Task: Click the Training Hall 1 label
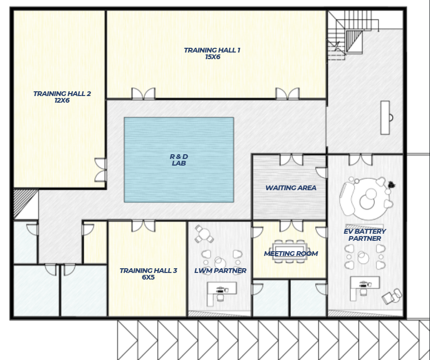coord(212,53)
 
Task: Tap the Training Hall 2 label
coord(62,97)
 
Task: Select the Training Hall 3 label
coord(149,273)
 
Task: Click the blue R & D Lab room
coord(179,160)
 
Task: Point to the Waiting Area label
coord(291,188)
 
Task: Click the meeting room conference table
coord(290,251)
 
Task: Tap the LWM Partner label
coord(220,271)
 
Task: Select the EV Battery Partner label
coord(365,235)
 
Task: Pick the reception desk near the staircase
coord(385,118)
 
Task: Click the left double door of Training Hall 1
coord(143,94)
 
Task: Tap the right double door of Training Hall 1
coord(288,94)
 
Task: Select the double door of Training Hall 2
coord(101,170)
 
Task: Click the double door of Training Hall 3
coord(143,226)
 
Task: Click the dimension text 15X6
coord(212,57)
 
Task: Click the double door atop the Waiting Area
coord(291,160)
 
